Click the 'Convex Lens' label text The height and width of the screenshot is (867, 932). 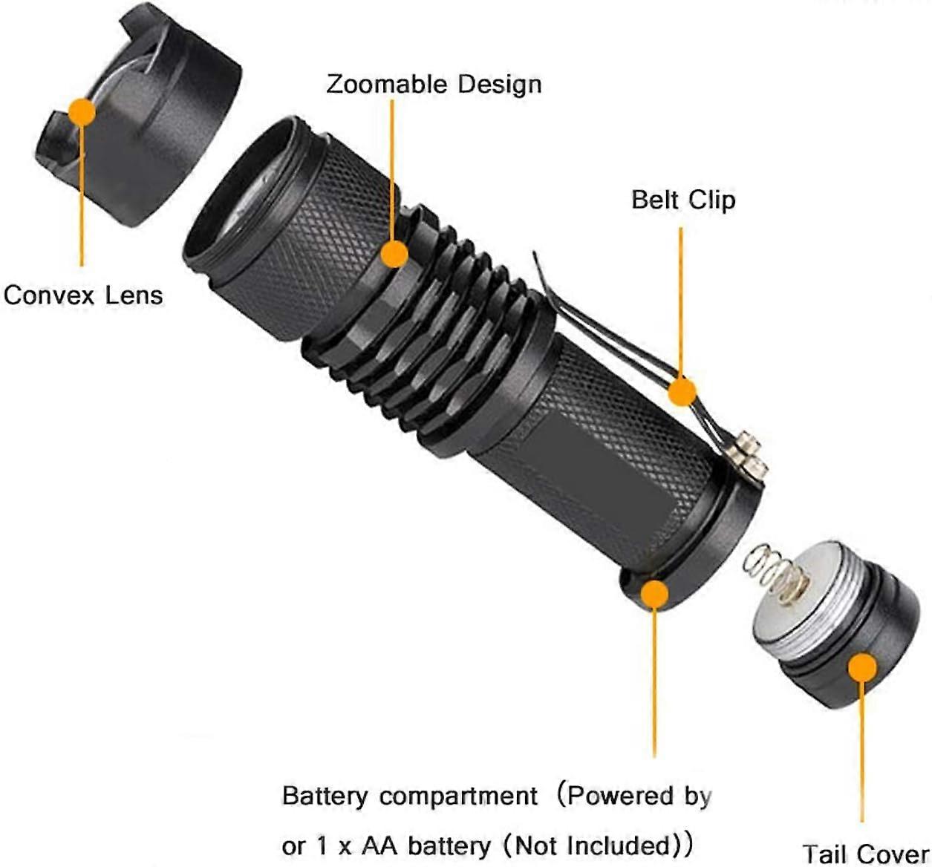coord(83,295)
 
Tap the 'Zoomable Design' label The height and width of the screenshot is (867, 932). coord(434,84)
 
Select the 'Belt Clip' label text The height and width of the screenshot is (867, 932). coord(683,199)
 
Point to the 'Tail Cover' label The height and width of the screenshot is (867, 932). coord(865,853)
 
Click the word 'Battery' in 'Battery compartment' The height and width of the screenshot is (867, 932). coord(325,796)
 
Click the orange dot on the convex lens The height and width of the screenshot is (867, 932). coord(81,113)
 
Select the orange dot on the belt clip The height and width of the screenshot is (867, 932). coord(681,391)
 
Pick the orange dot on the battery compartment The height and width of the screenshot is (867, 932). coord(654,595)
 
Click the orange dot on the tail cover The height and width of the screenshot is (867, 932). coord(861,667)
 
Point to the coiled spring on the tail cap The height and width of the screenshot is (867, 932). coord(776,576)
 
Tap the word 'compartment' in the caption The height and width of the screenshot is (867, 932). coord(458,797)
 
